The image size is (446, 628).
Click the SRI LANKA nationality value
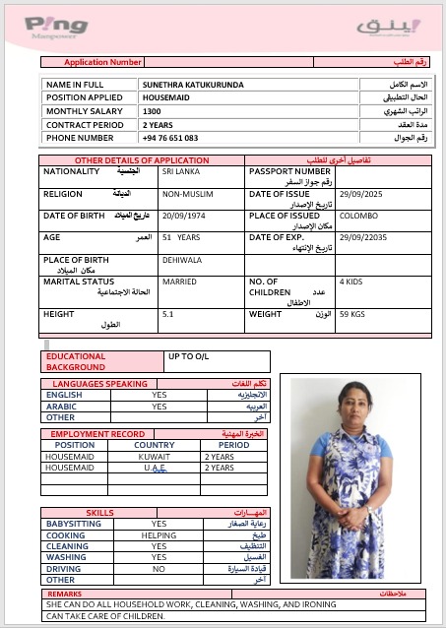tap(179, 171)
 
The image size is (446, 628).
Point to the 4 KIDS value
tap(350, 282)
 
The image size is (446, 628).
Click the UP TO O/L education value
tap(189, 356)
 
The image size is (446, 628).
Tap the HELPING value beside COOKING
tap(159, 535)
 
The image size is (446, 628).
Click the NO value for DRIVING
tap(159, 569)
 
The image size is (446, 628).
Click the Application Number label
tap(103, 62)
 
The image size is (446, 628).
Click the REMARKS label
tap(64, 595)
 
